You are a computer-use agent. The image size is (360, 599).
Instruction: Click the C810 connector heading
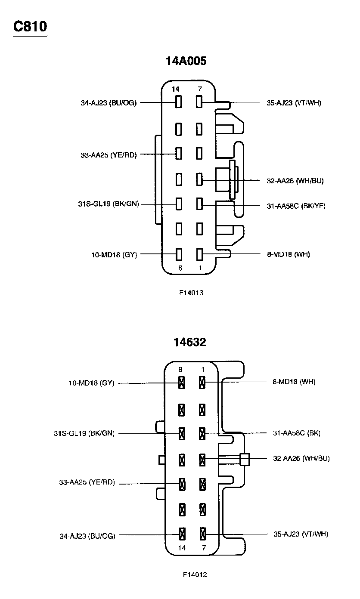click(30, 27)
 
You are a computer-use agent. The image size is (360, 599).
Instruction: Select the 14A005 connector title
click(186, 61)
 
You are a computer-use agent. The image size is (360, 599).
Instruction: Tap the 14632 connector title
click(189, 342)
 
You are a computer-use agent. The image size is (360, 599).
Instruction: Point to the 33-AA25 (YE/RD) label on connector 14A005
click(108, 155)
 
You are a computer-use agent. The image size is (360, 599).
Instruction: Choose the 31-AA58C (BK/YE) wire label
click(296, 206)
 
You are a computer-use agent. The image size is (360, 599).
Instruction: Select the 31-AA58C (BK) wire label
click(296, 433)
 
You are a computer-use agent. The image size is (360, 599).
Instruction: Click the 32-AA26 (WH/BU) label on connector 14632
click(301, 458)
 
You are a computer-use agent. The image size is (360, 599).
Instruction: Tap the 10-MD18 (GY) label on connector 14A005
click(114, 254)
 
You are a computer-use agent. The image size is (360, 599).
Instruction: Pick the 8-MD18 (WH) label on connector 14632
click(294, 382)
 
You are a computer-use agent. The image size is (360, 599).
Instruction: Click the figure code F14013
click(191, 293)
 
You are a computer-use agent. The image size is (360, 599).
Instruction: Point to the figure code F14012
click(195, 574)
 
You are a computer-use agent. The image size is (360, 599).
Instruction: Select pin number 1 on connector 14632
click(203, 370)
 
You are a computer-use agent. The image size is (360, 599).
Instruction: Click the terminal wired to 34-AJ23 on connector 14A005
click(178, 102)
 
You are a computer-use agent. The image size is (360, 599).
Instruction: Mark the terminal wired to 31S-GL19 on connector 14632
click(182, 433)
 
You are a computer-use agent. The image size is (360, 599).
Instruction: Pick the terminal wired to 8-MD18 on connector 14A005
click(199, 254)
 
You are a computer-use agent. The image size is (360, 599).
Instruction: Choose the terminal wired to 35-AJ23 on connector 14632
click(203, 534)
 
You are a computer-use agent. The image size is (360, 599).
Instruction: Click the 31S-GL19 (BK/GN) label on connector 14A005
click(108, 204)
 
